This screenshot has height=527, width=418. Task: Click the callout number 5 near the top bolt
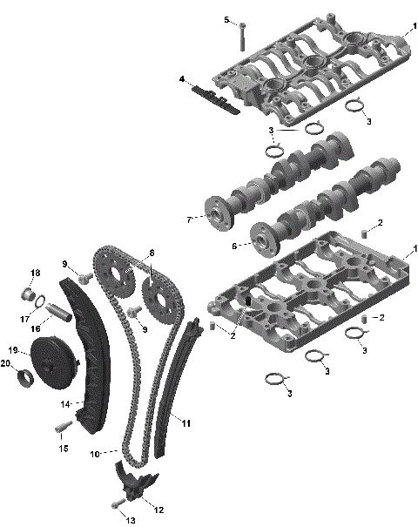226,19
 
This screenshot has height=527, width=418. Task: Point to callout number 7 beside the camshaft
188,220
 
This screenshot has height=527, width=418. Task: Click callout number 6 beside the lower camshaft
234,246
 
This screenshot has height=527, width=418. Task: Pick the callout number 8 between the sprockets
151,253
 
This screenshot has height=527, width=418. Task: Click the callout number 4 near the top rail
182,79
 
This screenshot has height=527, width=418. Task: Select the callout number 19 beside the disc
14,349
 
